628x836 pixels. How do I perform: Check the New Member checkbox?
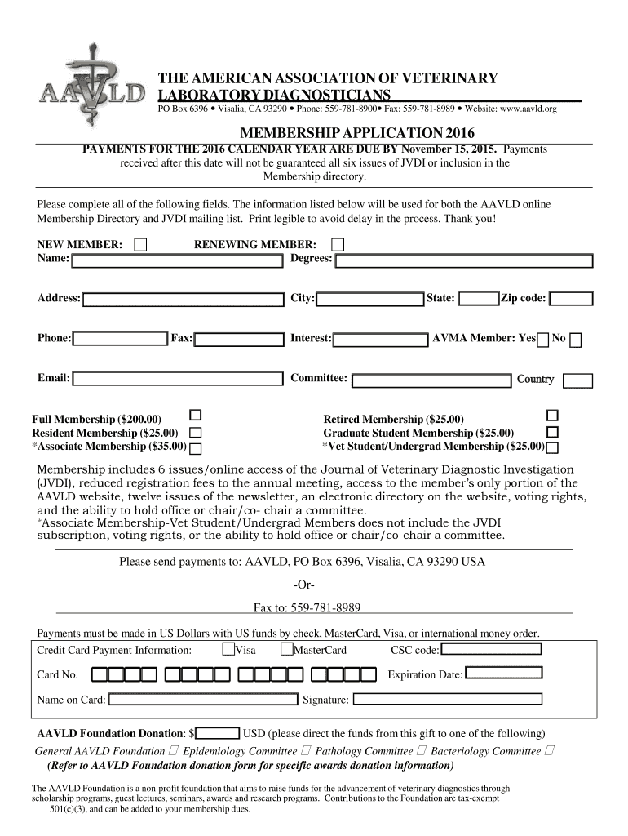[141, 245]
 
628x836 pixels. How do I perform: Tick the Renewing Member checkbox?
[338, 245]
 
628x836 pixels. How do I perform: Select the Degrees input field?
[464, 261]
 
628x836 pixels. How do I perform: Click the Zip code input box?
[571, 299]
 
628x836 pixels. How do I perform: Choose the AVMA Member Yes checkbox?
[543, 340]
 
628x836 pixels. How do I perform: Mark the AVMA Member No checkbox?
[576, 340]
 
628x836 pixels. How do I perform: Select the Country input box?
[578, 380]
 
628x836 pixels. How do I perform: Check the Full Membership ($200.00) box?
[196, 416]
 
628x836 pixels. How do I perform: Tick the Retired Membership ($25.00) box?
[553, 416]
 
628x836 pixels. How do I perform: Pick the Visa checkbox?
[228, 650]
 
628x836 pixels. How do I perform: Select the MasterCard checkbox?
[286, 650]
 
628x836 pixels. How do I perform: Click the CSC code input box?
[492, 650]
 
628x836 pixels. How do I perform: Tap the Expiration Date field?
[504, 674]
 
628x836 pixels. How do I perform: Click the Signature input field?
[447, 700]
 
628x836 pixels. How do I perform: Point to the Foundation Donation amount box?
[217, 732]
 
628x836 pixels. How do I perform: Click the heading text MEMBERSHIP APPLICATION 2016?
[356, 133]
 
